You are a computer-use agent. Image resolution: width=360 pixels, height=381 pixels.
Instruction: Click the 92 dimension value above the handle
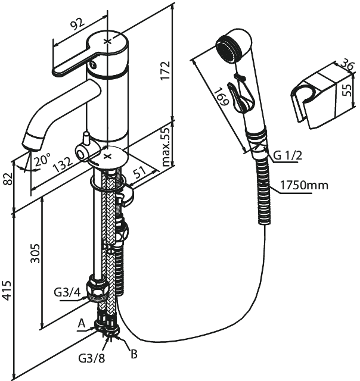coord(78,24)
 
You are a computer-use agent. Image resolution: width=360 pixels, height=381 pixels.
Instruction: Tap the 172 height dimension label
coord(165,71)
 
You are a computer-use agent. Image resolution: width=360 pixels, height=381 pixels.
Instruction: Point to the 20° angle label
coord(42,159)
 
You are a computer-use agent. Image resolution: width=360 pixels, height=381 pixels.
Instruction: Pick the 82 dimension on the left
coord(8,179)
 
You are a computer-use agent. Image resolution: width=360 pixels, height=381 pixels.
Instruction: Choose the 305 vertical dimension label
coord(35,254)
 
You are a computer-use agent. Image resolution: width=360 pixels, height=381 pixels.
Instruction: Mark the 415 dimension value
coord(8,290)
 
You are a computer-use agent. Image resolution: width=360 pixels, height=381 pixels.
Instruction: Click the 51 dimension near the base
coord(140,173)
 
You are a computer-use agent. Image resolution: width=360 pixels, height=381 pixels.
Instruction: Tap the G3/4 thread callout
coord(67,293)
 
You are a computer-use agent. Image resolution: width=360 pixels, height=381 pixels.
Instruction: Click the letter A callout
coord(82,324)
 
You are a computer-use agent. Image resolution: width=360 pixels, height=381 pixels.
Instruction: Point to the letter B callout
coord(134,354)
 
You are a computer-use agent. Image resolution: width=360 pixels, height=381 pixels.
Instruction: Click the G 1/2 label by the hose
coord(288,155)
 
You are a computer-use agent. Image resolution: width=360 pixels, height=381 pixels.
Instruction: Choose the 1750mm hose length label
coord(305,185)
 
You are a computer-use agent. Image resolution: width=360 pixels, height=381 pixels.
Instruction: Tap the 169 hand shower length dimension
coord(221,96)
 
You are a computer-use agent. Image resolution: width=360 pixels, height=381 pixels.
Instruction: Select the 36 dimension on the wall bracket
coord(346,64)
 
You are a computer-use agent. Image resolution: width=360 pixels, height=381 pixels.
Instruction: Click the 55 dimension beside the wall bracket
coord(347,90)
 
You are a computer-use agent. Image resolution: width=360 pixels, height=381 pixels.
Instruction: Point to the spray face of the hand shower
coord(226,51)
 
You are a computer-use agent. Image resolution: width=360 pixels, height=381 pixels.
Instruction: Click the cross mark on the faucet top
coord(107,41)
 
